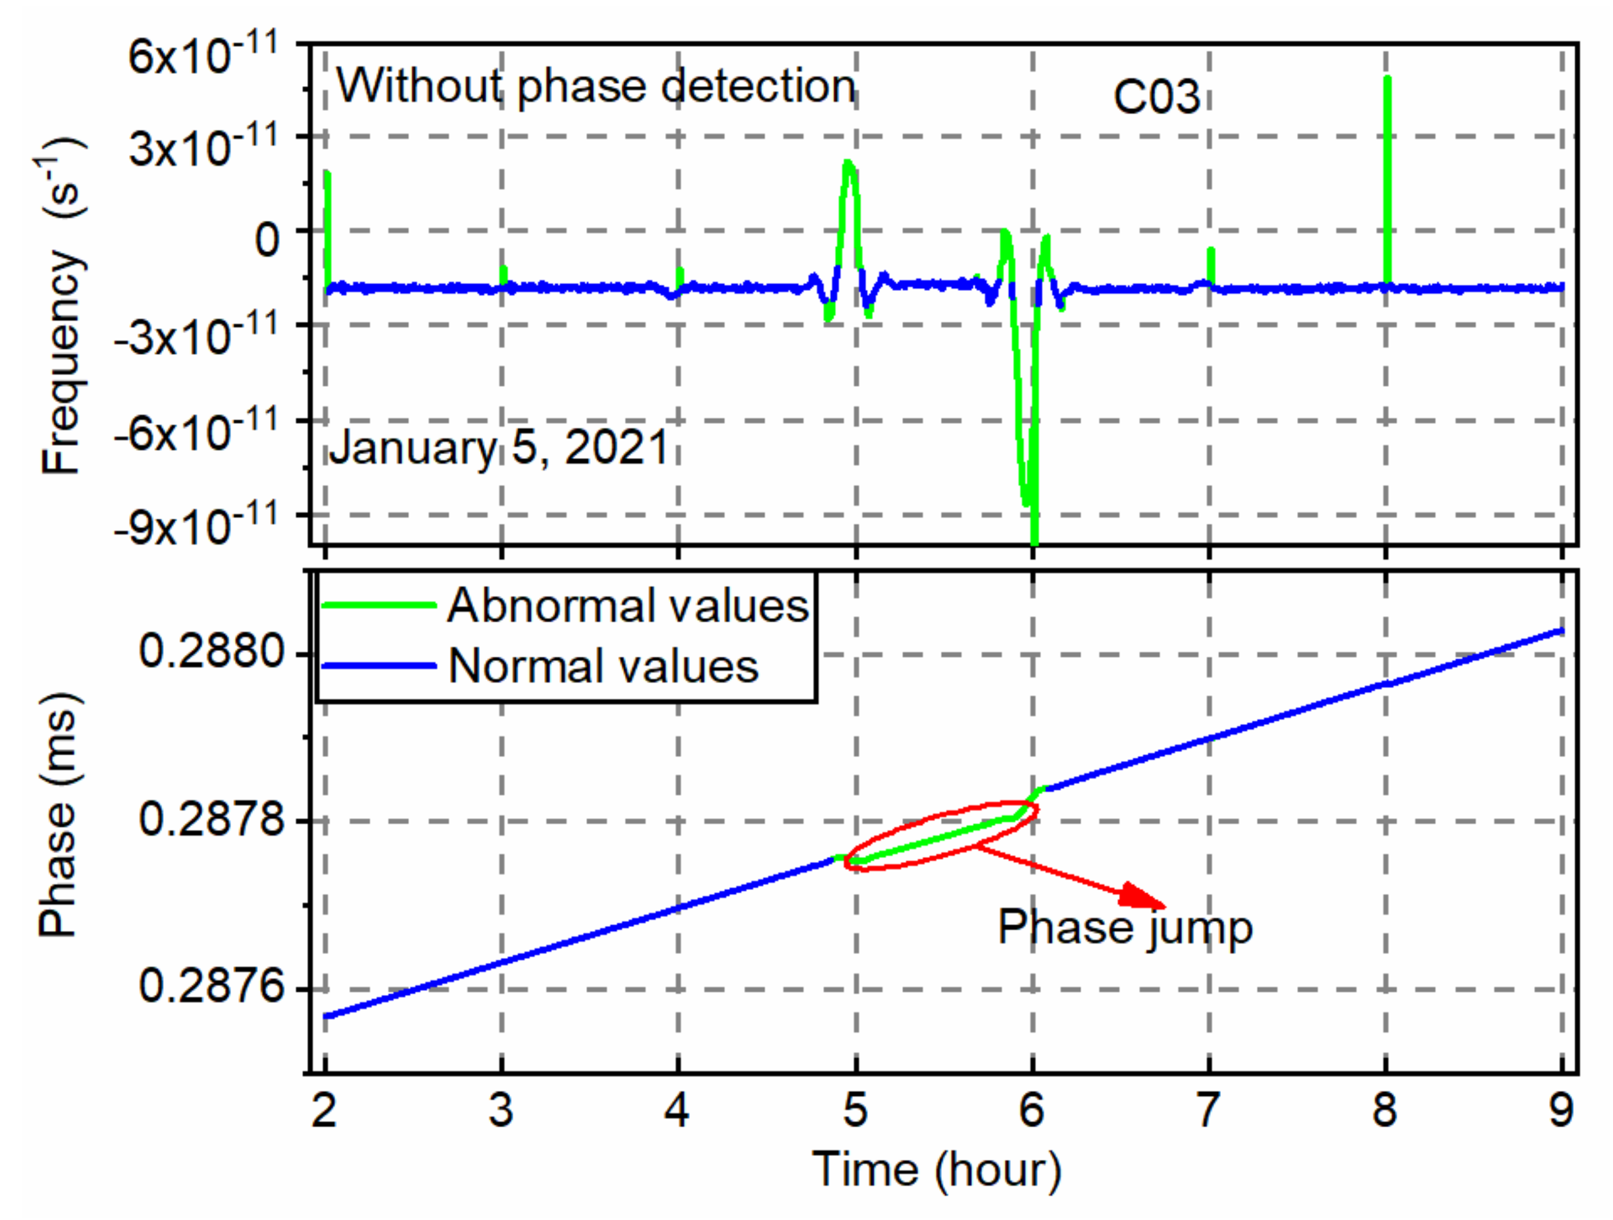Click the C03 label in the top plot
click(x=1156, y=97)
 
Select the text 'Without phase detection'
click(x=595, y=86)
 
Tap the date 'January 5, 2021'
click(x=498, y=447)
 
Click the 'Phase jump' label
click(x=1124, y=928)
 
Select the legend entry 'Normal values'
click(x=603, y=666)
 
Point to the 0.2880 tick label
click(x=211, y=651)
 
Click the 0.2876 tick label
click(x=211, y=987)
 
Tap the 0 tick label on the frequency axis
click(x=267, y=239)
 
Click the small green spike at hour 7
click(x=1210, y=264)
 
